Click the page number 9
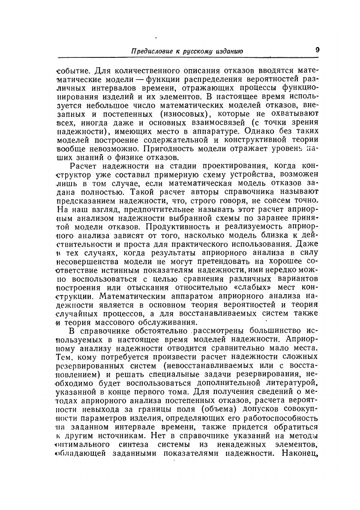tap(318, 49)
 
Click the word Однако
tap(271, 132)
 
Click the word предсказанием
tap(86, 196)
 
